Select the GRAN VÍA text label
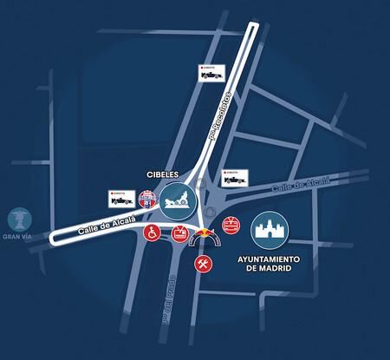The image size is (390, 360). pos(16,236)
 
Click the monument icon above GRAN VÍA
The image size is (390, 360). pos(16,218)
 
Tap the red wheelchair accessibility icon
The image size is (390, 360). pos(151,233)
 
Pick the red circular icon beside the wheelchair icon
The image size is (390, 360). pos(180,233)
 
